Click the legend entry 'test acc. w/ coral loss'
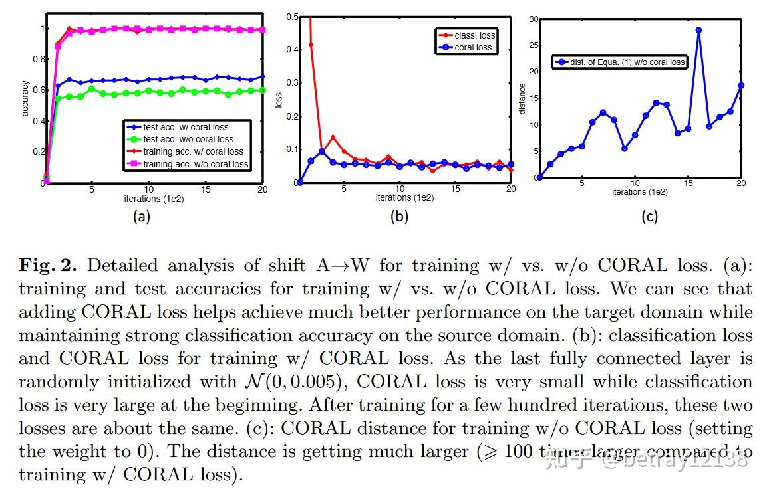tap(186, 127)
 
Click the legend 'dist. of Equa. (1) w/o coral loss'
tap(619, 62)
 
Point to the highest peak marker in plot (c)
tap(698, 30)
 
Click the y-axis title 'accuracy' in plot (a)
tap(26, 98)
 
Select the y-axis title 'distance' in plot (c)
tap(522, 98)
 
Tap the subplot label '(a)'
tap(141, 216)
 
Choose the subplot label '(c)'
tap(649, 216)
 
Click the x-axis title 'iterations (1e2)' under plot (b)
tap(404, 197)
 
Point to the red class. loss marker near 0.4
tap(311, 45)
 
